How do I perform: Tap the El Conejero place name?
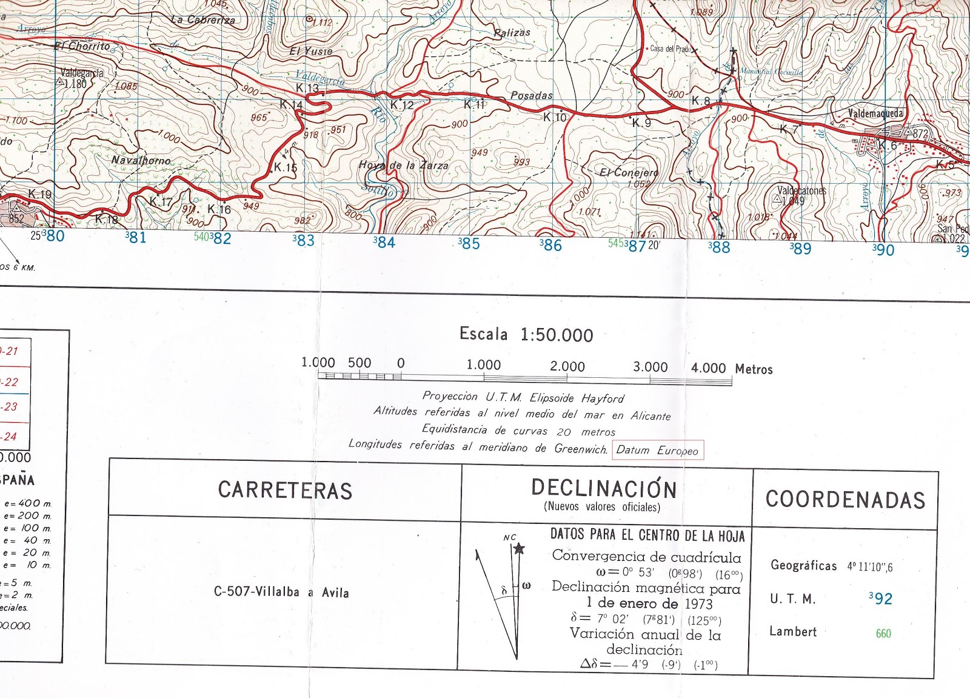(x=629, y=172)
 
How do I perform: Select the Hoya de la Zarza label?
(x=404, y=165)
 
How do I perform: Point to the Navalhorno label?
(x=141, y=160)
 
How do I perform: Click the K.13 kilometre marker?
(x=307, y=88)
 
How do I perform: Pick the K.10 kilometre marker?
(x=555, y=117)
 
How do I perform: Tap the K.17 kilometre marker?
(x=161, y=201)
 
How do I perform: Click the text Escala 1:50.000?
(x=526, y=334)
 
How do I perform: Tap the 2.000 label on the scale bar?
(x=567, y=366)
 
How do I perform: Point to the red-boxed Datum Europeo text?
(x=657, y=450)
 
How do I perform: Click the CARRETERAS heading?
(x=285, y=490)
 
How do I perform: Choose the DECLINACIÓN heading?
(x=603, y=488)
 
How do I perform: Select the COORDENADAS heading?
(x=845, y=499)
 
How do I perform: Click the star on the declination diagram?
(x=519, y=549)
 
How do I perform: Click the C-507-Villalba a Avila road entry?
(x=281, y=592)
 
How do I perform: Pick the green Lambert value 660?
(x=883, y=634)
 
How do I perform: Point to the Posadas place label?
(x=532, y=95)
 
